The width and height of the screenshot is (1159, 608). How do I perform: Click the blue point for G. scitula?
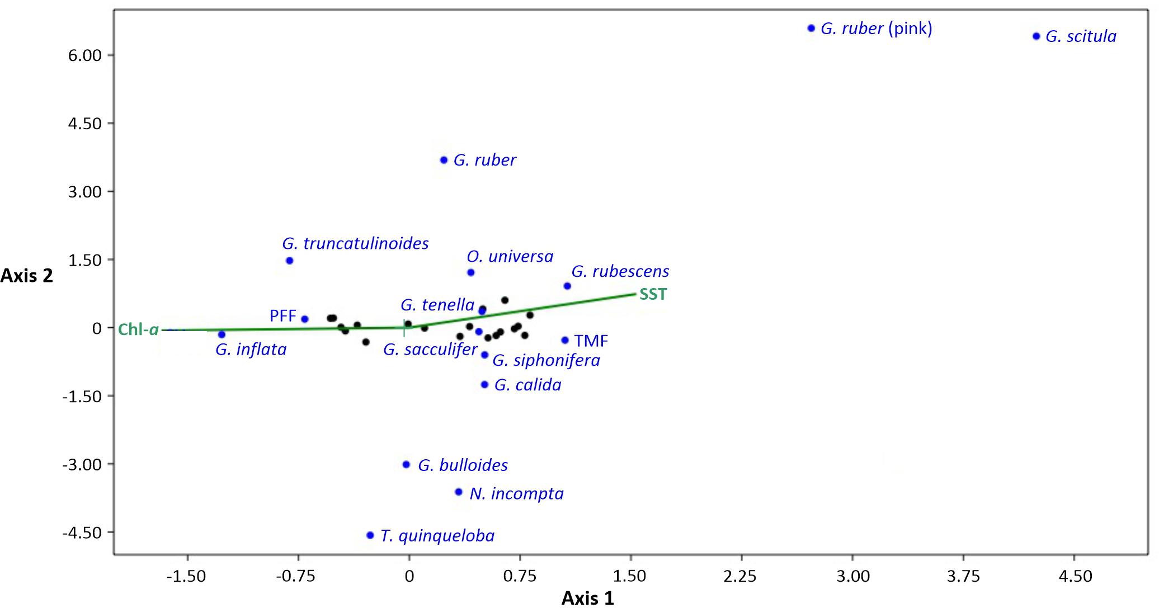click(1036, 36)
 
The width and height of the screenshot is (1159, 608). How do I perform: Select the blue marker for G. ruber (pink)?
click(811, 29)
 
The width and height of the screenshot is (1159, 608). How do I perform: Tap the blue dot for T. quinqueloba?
click(370, 535)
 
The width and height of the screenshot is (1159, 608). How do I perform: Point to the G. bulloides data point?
click(406, 464)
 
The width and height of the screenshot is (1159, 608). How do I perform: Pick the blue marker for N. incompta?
click(459, 492)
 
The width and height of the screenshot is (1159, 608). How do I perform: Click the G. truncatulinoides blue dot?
click(289, 261)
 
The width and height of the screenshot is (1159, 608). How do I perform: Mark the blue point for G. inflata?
click(222, 334)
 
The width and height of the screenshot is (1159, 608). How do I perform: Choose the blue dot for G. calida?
click(484, 385)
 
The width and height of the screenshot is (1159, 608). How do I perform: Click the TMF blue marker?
click(565, 340)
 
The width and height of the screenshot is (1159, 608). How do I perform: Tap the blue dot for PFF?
click(305, 319)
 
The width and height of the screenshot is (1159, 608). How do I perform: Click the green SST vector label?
click(653, 294)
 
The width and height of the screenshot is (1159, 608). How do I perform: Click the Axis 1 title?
click(587, 598)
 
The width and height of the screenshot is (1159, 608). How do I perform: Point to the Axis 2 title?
click(26, 276)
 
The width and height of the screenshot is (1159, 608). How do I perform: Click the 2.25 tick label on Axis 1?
click(740, 576)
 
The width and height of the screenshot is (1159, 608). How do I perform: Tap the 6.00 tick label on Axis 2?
click(85, 55)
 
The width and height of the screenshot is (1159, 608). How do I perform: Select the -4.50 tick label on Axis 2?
click(82, 533)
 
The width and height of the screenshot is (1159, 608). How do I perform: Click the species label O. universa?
click(510, 257)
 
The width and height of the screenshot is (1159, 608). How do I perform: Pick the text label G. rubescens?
click(620, 272)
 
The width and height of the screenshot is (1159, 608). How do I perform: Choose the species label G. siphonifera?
click(546, 360)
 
